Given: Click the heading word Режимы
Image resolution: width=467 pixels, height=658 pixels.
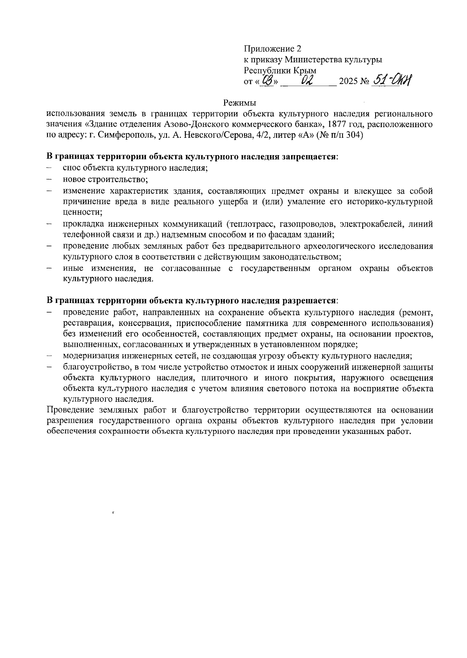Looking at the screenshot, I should coord(240,103).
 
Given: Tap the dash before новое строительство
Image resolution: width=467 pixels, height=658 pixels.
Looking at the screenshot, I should coord(49,180).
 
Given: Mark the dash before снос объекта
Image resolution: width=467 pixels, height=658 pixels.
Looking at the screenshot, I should coord(49,168).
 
